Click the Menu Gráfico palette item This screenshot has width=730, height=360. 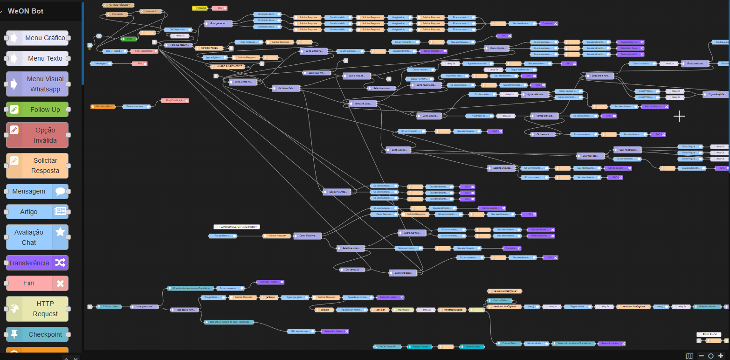[37, 38]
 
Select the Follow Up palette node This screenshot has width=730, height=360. [37, 110]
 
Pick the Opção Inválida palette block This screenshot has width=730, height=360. [37, 135]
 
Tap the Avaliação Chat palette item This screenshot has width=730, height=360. [37, 237]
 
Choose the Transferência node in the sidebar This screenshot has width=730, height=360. [37, 263]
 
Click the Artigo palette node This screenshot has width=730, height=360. [37, 212]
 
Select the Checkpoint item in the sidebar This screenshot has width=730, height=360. [37, 334]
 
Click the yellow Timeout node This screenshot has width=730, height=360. [200, 8]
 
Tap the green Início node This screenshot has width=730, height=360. [129, 39]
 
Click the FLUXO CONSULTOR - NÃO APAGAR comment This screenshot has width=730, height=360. [236, 227]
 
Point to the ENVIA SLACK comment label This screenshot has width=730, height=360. [709, 334]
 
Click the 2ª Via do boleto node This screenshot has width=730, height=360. [109, 307]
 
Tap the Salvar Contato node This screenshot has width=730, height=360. [472, 346]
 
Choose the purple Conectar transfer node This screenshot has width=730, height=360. [549, 23]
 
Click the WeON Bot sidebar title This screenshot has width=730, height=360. [26, 11]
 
